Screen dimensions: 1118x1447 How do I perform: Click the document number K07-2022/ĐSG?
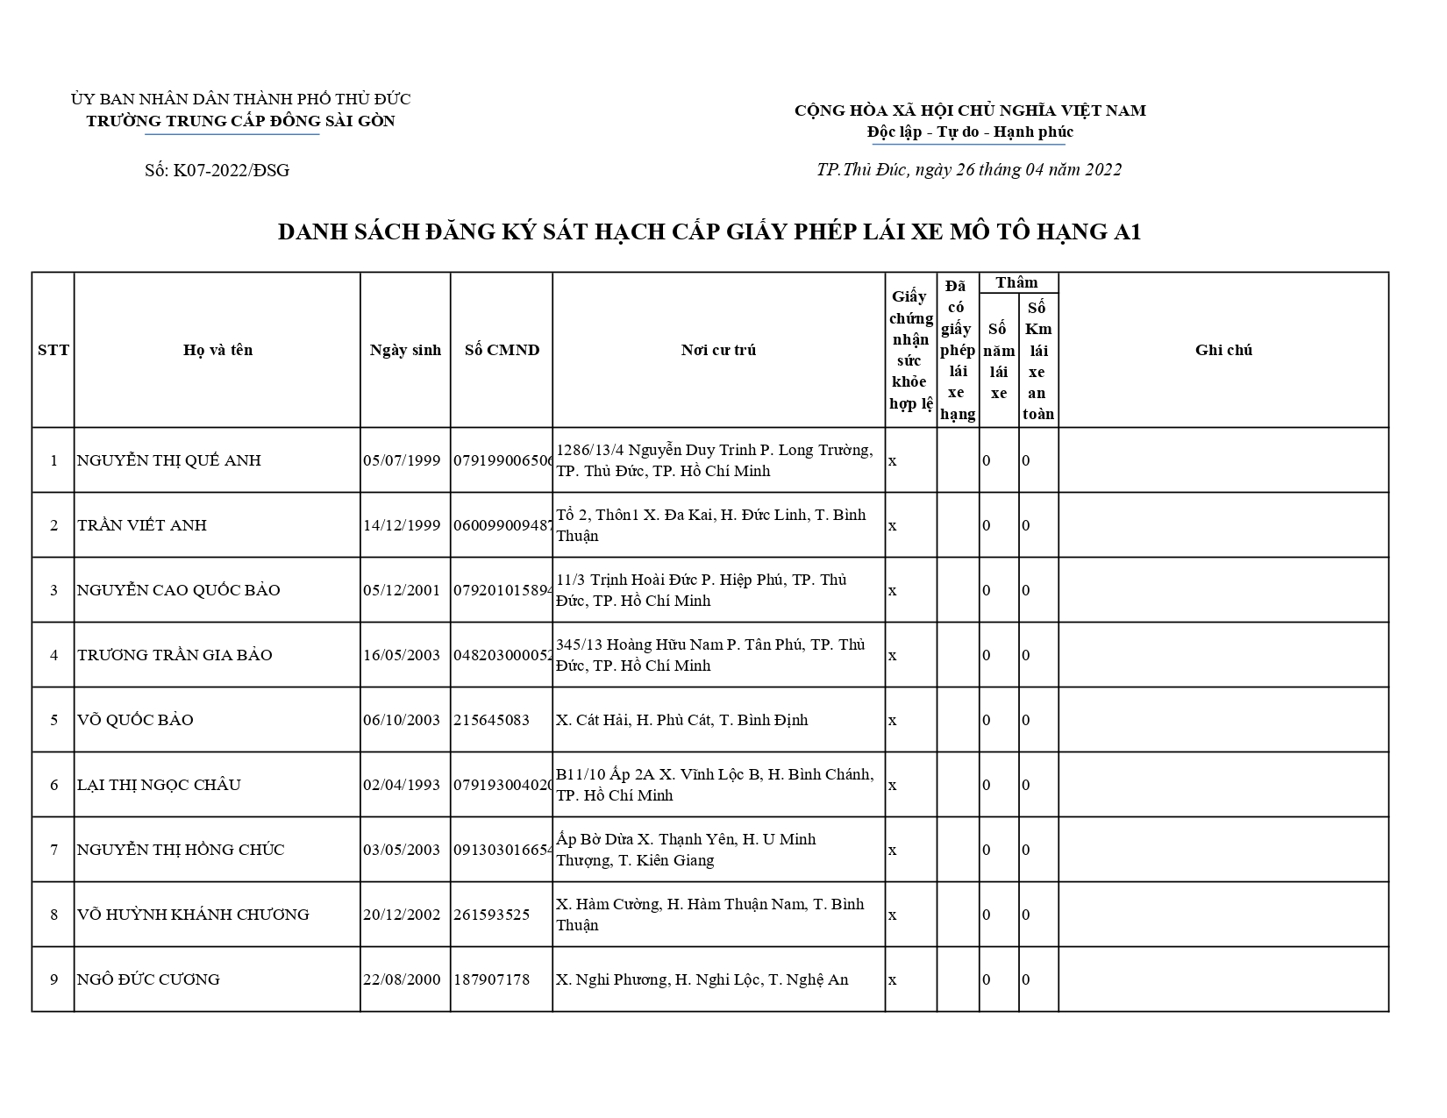pyautogui.click(x=217, y=170)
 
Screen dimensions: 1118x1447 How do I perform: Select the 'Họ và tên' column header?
pyautogui.click(x=217, y=350)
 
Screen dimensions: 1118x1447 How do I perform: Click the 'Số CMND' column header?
pyautogui.click(x=502, y=350)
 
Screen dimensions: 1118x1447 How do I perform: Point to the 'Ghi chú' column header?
pyautogui.click(x=1223, y=350)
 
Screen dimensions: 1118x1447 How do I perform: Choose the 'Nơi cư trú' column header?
pyautogui.click(x=718, y=350)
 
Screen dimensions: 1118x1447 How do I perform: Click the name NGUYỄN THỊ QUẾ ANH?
pyautogui.click(x=169, y=460)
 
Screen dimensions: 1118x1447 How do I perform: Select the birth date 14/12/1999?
pyautogui.click(x=402, y=525)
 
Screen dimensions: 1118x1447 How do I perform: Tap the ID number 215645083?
pyautogui.click(x=491, y=720)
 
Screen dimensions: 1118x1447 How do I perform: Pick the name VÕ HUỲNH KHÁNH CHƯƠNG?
pyautogui.click(x=193, y=915)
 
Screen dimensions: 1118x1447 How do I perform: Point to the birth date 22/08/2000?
pyautogui.click(x=402, y=979)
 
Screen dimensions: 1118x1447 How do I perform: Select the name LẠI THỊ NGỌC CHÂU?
pyautogui.click(x=159, y=785)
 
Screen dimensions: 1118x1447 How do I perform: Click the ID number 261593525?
pyautogui.click(x=491, y=915)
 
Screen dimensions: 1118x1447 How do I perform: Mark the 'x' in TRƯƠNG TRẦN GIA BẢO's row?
pyautogui.click(x=893, y=655)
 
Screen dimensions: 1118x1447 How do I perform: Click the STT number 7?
pyautogui.click(x=53, y=850)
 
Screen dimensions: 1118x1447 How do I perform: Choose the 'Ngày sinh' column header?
pyautogui.click(x=405, y=350)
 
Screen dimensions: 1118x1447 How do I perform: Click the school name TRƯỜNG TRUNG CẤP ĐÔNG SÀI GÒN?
pyautogui.click(x=240, y=121)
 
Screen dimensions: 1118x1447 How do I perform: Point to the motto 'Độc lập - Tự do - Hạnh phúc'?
pyautogui.click(x=970, y=132)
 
